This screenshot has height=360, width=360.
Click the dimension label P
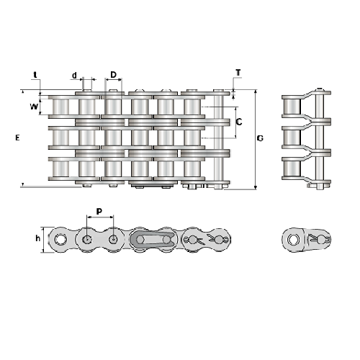coord(99,212)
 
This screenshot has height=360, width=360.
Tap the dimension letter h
coord(37,238)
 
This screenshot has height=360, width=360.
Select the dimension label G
coord(260,138)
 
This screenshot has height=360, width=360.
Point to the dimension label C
coord(239,122)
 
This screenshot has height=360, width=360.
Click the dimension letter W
coord(34,107)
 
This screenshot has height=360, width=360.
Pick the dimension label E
coord(17,138)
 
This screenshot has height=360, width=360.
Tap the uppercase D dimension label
coord(113,75)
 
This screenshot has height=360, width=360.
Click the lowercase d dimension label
coord(74,76)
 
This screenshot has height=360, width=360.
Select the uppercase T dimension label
coord(238,73)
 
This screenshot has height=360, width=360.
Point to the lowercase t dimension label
coord(35,75)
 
